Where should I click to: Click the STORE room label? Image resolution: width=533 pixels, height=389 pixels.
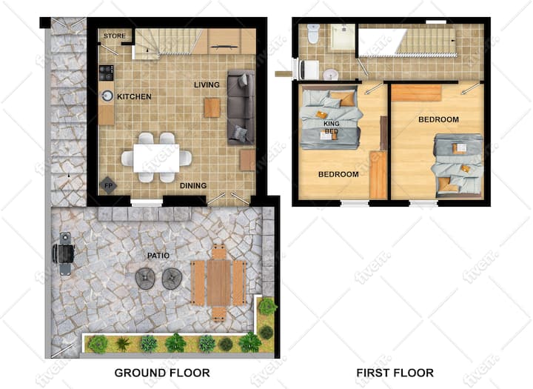click(115, 36)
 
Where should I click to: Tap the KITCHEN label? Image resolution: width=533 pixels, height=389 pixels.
click(134, 96)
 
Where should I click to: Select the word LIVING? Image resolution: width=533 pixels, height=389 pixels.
click(207, 84)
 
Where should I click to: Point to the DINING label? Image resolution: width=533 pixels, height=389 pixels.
click(193, 185)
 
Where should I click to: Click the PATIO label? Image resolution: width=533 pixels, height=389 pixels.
click(158, 256)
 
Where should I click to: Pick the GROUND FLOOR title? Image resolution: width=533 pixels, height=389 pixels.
click(162, 373)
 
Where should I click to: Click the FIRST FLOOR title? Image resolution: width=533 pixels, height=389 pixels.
click(395, 373)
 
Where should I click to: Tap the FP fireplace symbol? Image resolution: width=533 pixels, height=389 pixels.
click(108, 186)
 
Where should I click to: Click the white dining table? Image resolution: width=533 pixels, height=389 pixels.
click(156, 159)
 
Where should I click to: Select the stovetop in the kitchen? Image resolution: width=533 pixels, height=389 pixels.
click(106, 73)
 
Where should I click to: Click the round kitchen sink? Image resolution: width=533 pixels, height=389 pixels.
click(107, 96)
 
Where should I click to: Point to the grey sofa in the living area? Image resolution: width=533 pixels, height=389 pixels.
click(241, 107)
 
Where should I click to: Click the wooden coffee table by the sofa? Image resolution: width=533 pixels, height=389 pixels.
click(212, 107)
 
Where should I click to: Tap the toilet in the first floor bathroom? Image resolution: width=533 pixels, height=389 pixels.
click(312, 33)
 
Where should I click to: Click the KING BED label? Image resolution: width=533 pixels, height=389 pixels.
click(332, 127)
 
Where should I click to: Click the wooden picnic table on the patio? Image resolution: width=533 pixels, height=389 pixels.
click(219, 282)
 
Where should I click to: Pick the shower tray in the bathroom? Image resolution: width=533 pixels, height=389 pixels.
click(342, 37)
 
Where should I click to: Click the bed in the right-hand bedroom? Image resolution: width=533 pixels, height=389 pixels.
click(457, 166)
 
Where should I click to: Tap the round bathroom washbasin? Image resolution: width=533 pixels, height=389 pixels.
click(330, 74)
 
